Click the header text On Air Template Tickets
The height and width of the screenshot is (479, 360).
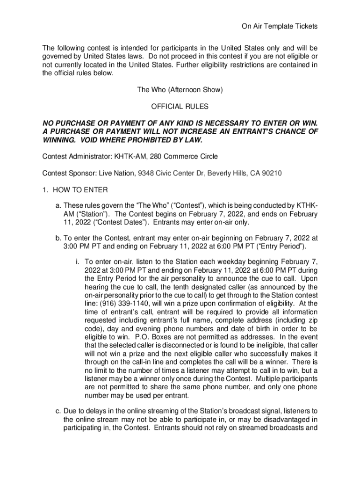[x=279, y=27]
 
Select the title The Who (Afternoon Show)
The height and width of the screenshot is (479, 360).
[x=180, y=90]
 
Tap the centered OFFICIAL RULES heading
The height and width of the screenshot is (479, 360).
[x=180, y=107]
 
